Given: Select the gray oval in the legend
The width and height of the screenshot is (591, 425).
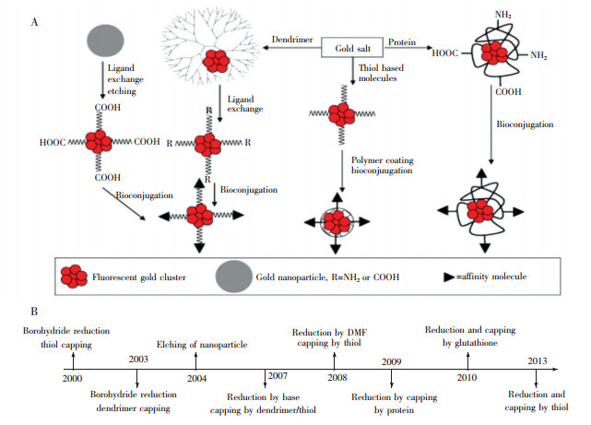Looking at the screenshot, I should (x=237, y=274).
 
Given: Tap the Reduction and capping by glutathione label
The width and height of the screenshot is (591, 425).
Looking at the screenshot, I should (x=468, y=335).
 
